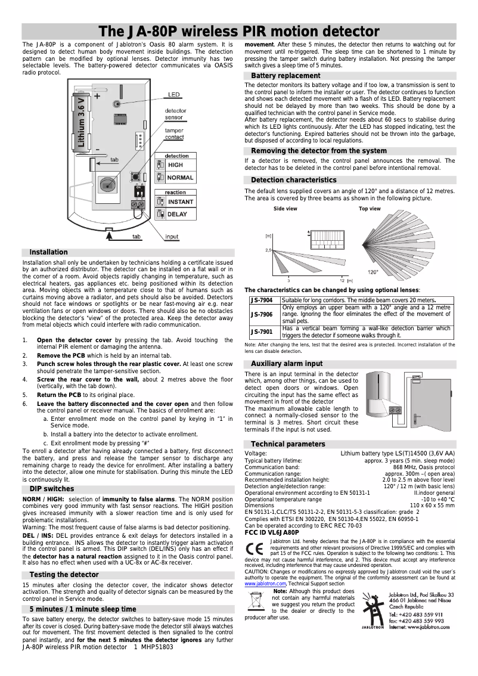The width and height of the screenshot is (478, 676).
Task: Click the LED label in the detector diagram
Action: click(173, 94)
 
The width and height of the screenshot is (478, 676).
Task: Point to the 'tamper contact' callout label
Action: click(175, 134)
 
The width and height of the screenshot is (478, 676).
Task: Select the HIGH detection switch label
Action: click(176, 165)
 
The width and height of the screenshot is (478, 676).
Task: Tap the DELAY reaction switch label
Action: click(177, 214)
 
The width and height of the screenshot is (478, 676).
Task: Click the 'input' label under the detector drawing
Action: click(172, 237)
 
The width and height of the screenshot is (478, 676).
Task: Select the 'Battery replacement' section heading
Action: click(285, 76)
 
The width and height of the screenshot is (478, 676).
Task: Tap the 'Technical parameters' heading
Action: click(288, 444)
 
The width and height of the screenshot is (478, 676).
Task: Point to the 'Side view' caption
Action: click(285, 209)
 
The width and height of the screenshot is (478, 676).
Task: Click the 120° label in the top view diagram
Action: click(373, 272)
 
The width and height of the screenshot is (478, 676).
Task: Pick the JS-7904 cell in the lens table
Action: click(261, 300)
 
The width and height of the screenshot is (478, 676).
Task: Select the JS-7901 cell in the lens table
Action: click(261, 332)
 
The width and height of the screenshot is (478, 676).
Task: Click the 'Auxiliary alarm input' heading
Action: click(287, 364)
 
